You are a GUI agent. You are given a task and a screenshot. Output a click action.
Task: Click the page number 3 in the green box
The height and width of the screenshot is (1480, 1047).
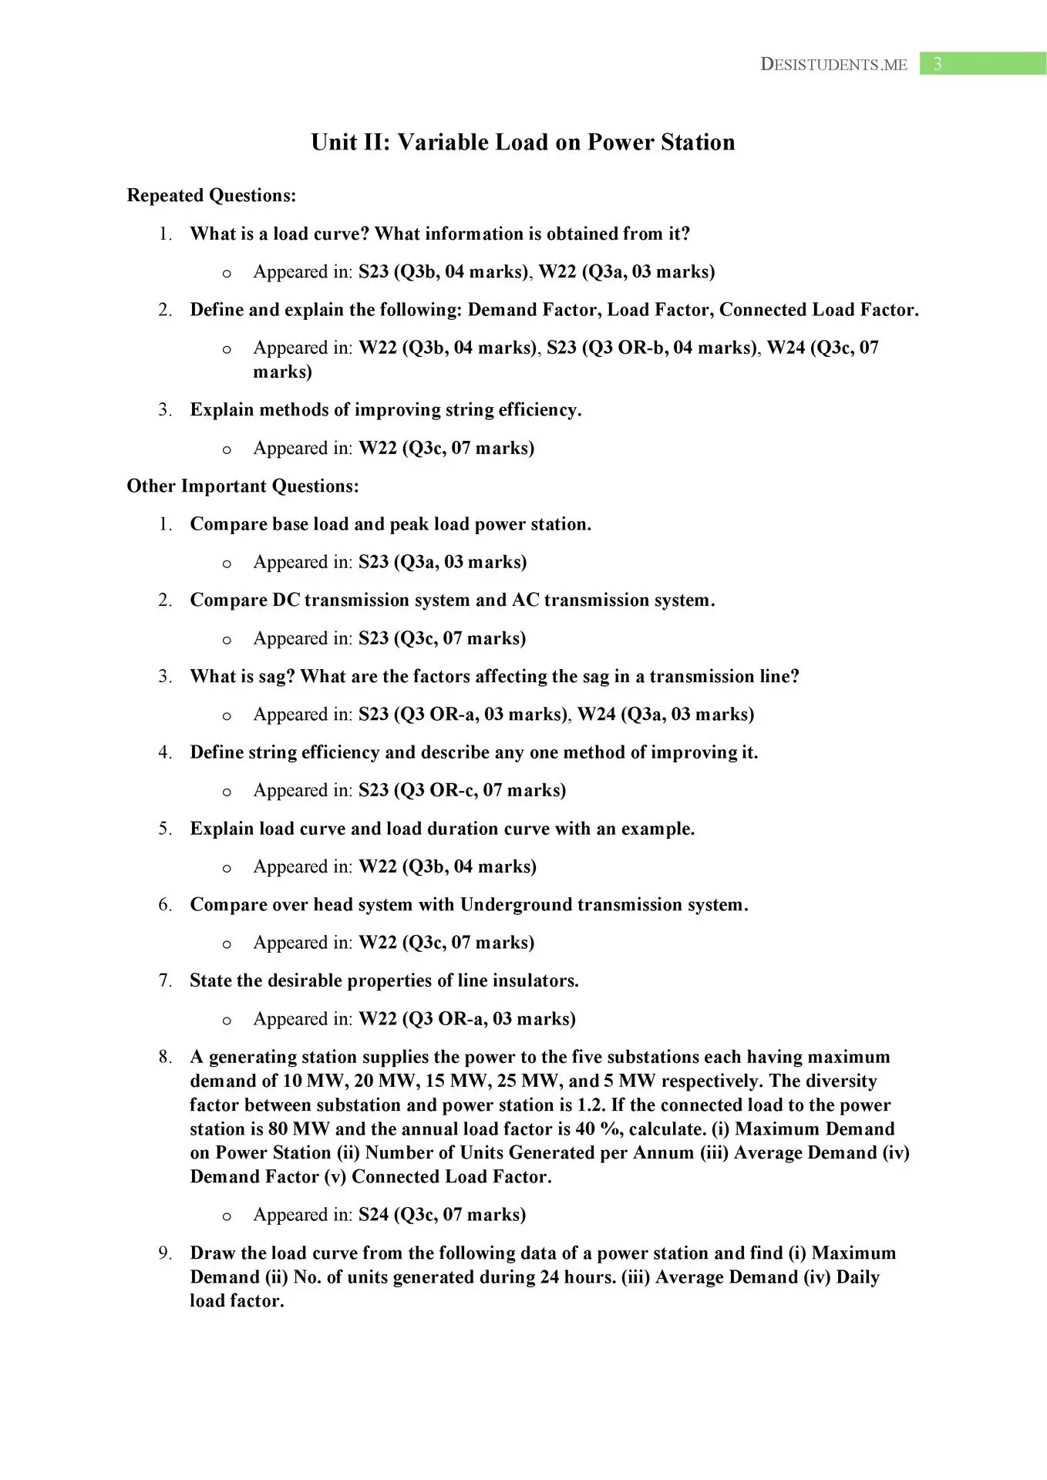point(937,64)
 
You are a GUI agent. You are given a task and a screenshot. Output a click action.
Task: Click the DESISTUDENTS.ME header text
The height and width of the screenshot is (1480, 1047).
point(833,65)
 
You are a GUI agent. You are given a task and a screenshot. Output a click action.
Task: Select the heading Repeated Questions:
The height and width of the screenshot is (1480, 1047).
point(211,196)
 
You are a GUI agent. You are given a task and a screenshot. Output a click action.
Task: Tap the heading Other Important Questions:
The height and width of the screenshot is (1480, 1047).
point(243,486)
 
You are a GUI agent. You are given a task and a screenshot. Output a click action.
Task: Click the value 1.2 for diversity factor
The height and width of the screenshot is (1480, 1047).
point(591,1105)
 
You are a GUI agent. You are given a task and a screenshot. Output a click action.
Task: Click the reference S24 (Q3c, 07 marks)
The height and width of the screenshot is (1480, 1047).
point(442,1215)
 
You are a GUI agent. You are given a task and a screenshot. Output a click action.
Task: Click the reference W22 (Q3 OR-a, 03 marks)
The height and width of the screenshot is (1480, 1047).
point(467,1019)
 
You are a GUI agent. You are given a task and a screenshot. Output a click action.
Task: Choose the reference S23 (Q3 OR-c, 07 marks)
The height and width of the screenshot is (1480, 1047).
point(462,791)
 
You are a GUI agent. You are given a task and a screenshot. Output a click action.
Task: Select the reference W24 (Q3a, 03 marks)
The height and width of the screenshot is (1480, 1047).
point(665,715)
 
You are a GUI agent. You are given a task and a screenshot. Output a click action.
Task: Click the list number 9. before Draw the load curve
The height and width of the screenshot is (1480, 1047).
point(166,1253)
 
